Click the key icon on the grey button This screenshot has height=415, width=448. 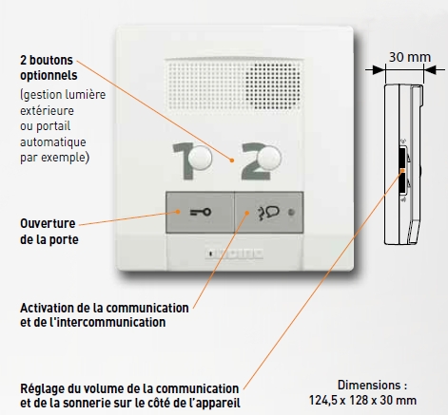(201, 212)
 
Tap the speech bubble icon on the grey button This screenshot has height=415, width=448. (268, 213)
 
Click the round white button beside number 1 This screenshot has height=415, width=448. (200, 158)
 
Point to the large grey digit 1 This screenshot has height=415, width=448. (184, 161)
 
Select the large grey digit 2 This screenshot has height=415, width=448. (255, 161)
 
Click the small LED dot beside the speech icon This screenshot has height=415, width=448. (291, 213)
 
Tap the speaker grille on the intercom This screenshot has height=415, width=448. (234, 85)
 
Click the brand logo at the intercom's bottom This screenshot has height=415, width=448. (234, 254)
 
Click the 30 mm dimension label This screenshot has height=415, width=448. (410, 57)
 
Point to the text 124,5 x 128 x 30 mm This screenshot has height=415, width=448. (362, 401)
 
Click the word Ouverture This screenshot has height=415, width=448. (48, 223)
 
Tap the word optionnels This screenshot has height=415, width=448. (49, 76)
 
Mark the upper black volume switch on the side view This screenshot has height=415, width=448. (402, 157)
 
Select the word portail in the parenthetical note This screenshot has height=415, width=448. (53, 126)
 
